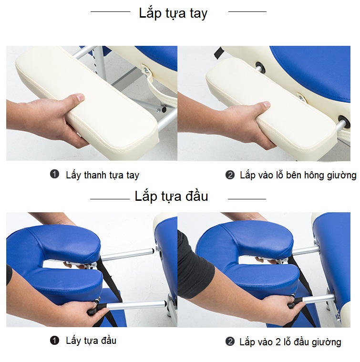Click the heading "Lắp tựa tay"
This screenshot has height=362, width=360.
pos(173,13)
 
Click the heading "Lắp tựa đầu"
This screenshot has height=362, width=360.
pos(171,196)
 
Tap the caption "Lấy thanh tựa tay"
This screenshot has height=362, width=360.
pos(103,175)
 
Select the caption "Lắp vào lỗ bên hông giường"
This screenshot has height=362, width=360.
pos(298,175)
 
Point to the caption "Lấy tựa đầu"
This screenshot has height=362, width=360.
pos(91,341)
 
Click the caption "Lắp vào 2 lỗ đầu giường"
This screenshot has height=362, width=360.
pos(290,342)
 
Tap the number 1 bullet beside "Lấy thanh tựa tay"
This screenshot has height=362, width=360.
pos(54,174)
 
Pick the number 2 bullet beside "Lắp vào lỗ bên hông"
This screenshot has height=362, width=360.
pos(230,175)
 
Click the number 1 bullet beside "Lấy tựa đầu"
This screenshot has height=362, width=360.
pos(54,340)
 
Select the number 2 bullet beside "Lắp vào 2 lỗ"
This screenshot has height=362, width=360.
pos(230,341)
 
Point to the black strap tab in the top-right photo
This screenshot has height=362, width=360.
pos(217,53)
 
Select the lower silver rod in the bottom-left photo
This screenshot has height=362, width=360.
pos(136,305)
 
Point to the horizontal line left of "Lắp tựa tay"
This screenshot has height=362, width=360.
pos(110,11)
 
